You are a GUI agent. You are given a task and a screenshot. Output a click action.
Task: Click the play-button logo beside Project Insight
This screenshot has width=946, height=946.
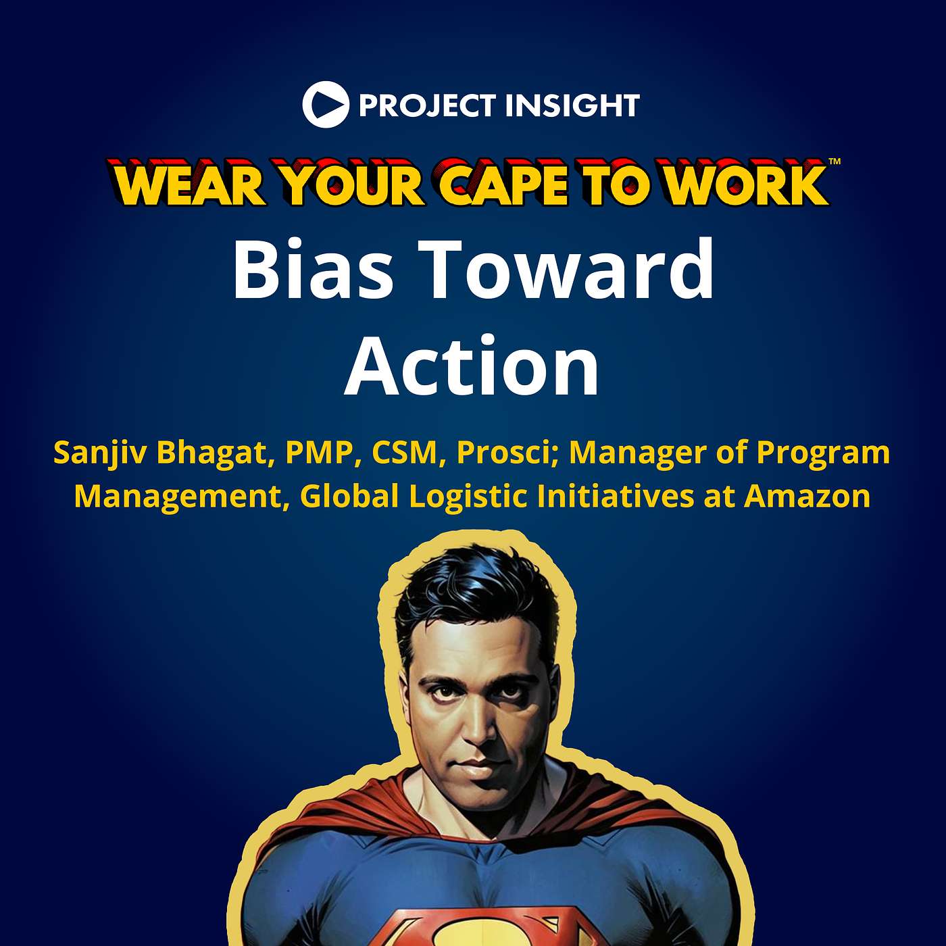[x=326, y=105]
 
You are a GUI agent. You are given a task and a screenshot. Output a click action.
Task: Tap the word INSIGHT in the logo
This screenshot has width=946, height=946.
[x=572, y=105]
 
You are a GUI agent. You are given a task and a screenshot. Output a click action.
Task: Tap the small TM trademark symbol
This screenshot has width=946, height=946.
[x=834, y=161]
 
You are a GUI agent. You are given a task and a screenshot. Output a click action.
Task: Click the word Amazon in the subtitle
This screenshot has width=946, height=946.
[x=807, y=497]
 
